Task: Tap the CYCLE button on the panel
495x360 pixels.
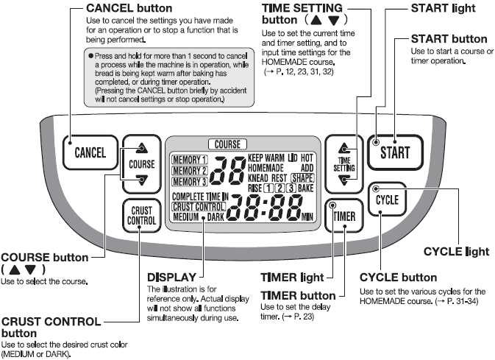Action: [387, 200]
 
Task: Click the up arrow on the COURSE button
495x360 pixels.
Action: [142, 147]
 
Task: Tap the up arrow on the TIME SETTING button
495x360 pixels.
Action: [345, 147]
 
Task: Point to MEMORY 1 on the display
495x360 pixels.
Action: [190, 160]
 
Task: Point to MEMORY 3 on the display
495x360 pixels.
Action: [190, 182]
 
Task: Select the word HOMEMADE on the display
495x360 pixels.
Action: [268, 169]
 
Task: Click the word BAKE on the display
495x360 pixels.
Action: [306, 189]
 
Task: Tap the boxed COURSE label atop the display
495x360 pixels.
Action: [227, 145]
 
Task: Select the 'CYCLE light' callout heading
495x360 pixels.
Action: [457, 252]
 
